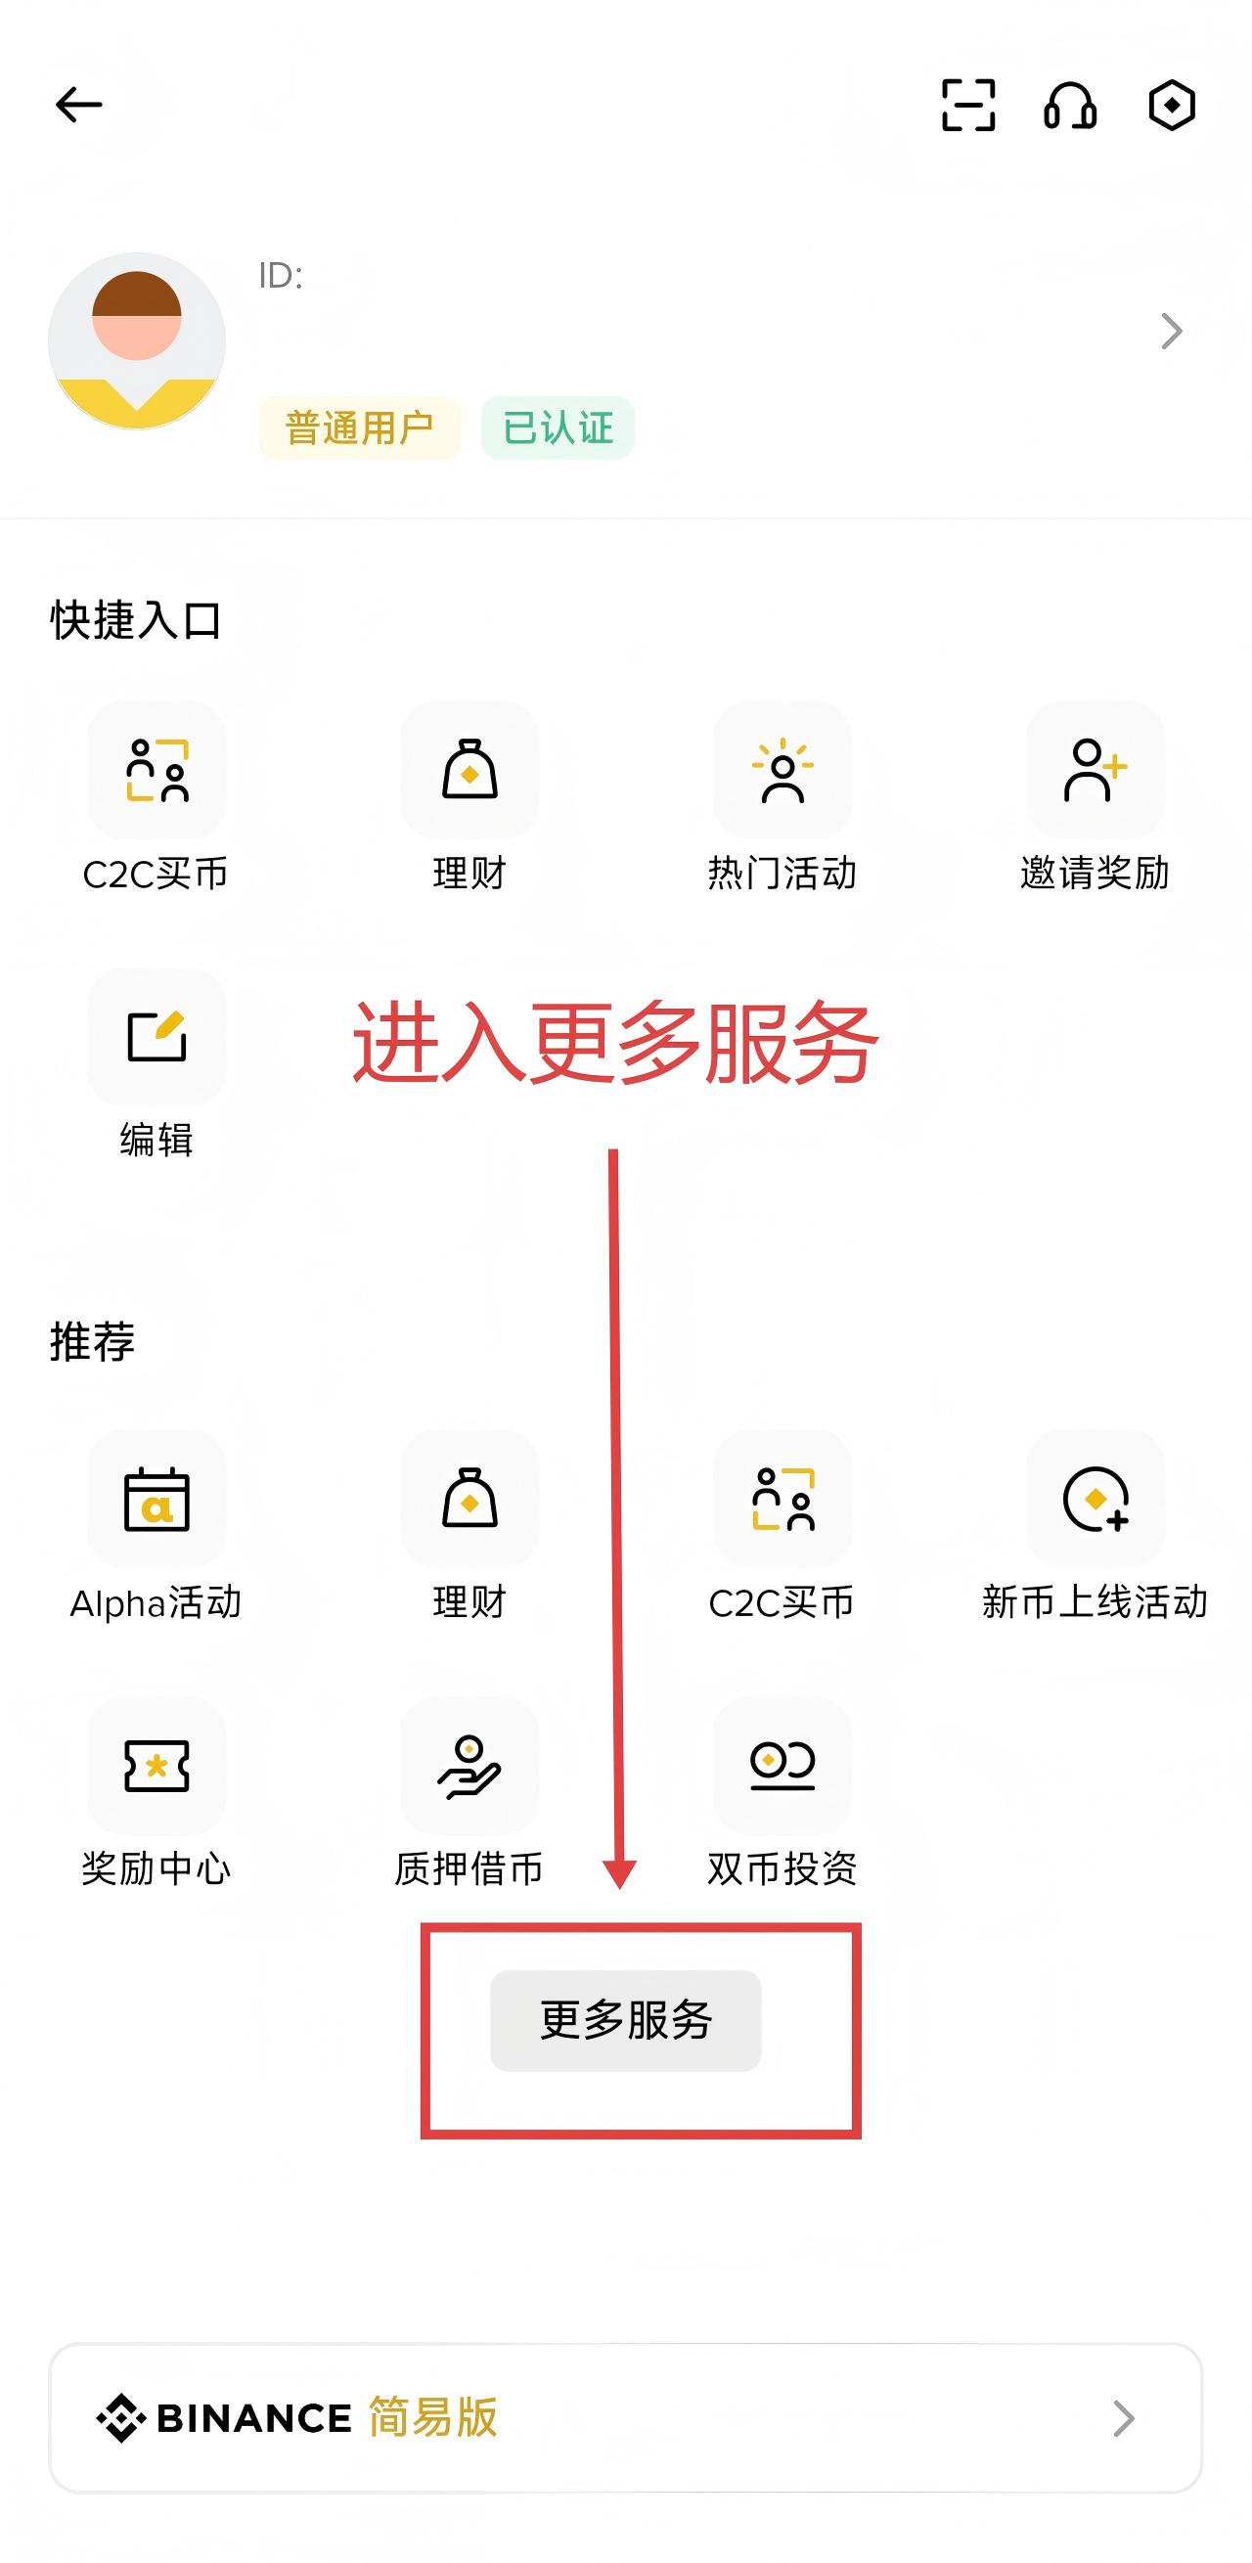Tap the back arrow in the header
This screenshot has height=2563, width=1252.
pos(78,105)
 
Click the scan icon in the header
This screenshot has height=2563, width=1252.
pos(967,105)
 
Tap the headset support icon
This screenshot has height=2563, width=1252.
pos(1070,105)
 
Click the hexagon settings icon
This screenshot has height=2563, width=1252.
pos(1172,105)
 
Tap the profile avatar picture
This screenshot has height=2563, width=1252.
pos(137,341)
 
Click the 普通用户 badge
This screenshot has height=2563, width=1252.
pos(359,427)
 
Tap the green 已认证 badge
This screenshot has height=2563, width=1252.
pos(558,427)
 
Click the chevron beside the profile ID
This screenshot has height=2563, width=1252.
pos(1172,332)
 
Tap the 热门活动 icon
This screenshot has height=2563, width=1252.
pos(782,770)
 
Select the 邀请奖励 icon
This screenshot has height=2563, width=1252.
pos(1095,770)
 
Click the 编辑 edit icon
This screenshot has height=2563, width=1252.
pos(157,1037)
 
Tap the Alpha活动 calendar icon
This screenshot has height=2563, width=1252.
pos(157,1500)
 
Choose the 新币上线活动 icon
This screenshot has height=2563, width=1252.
pos(1095,1500)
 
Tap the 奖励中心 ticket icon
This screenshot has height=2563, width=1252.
pos(157,1766)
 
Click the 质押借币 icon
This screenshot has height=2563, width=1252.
pos(469,1766)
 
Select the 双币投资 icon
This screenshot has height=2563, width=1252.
pos(782,1766)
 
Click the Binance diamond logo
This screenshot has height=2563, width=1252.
pos(121,2418)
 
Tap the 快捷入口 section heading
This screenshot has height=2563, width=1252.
pos(136,621)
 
